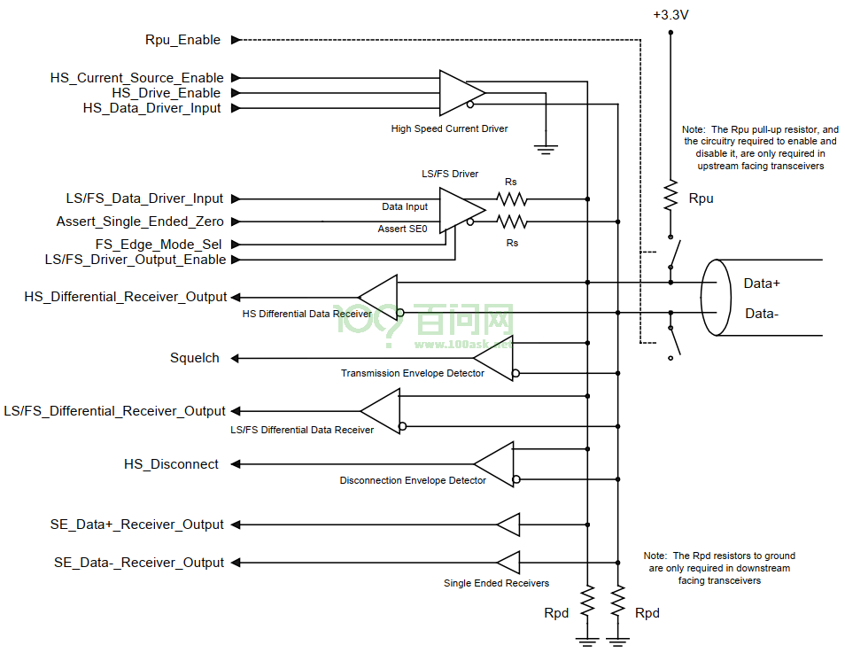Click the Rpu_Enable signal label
pos(182,40)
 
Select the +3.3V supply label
pos(671,14)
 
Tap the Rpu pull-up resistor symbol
pos(671,197)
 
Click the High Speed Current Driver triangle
pos(461,93)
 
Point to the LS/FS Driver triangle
pos(461,210)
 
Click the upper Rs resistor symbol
pos(511,199)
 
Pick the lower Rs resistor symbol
pos(511,222)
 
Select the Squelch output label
pos(195,358)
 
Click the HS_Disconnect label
pos(171,464)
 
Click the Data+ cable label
pos(762,284)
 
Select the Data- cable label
pos(762,314)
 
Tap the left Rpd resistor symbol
pos(587,601)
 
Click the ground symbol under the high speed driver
pos(546,150)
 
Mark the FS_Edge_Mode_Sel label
pos(159,245)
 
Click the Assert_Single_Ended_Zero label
pos(140,222)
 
